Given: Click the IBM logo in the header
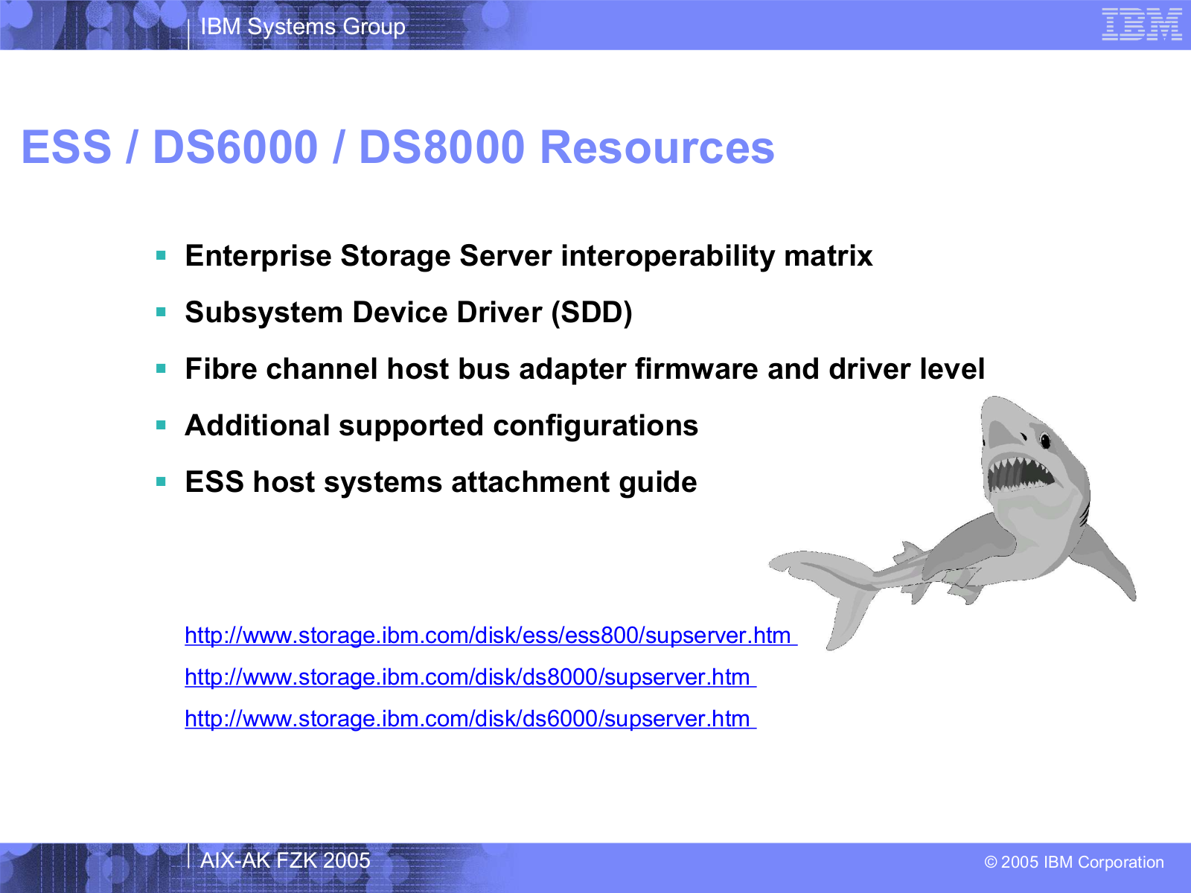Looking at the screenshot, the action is coord(1142,25).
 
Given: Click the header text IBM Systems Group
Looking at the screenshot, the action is coord(303,27).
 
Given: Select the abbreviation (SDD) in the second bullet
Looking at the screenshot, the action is coord(592,313).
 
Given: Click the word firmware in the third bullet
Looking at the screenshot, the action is coord(696,369).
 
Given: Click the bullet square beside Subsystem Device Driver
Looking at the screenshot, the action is coord(161,312).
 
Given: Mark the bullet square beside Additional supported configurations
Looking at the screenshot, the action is coord(161,425).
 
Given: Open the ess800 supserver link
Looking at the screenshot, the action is coord(491,636).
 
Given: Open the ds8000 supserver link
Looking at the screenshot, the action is coord(470,677).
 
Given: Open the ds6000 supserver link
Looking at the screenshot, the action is coord(470,719).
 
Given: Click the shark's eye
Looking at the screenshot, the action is coord(1045,441).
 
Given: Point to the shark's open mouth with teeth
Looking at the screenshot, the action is coord(1018,473).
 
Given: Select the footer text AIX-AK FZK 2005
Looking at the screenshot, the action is coord(285,860).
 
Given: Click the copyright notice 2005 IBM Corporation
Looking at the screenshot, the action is coord(1074,862).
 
